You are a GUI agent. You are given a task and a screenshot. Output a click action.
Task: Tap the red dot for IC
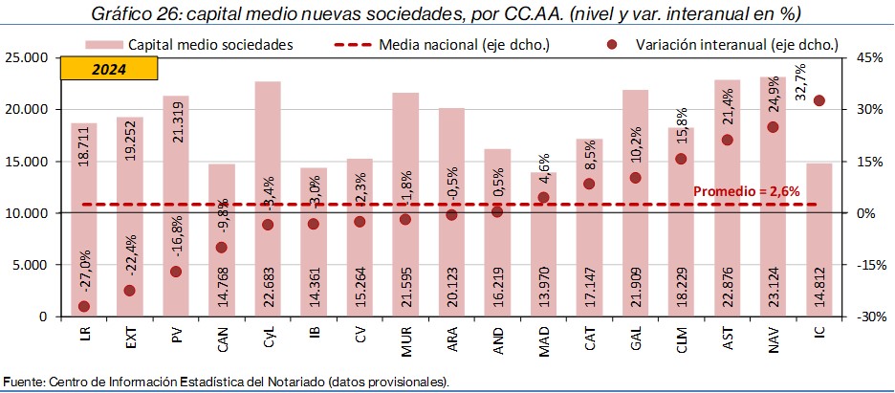[x=819, y=100]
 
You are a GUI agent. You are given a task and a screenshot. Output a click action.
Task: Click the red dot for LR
[x=84, y=306]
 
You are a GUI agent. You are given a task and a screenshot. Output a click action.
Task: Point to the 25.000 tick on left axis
[x=28, y=57]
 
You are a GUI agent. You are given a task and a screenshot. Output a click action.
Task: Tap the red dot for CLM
[x=681, y=159]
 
